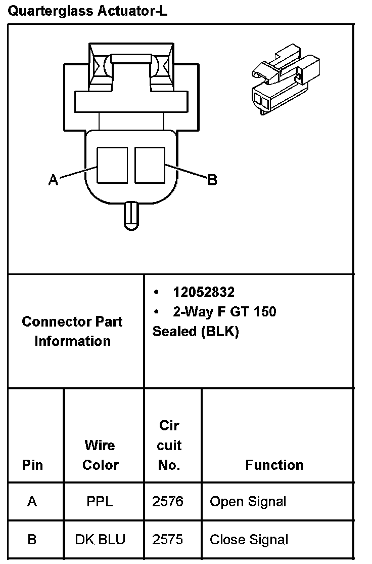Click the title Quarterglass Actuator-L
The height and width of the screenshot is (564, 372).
pos(87,11)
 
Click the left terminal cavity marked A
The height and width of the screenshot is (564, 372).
pos(112,165)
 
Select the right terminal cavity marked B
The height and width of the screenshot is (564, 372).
pos(151,165)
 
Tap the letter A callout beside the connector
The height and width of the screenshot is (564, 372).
pos(53,180)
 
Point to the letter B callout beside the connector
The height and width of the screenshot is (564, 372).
pos(212,180)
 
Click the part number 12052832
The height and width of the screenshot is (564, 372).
pos(204,292)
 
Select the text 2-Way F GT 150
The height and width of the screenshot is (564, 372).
pos(224,311)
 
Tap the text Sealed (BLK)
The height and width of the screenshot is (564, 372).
pos(196,331)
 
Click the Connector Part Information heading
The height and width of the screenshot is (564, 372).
pos(72,331)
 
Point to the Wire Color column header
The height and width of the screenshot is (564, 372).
pos(100,455)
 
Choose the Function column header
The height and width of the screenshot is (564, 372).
pos(274,465)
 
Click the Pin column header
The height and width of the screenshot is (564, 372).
pos(32,465)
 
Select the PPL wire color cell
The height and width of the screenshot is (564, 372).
pos(100,501)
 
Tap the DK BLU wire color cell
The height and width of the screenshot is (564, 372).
pos(100,539)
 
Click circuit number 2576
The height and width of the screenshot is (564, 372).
pos(168,501)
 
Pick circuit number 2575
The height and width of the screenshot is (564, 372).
pos(168,539)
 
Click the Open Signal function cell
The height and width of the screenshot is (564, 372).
pos(248,501)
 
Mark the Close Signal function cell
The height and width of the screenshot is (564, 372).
pos(249,539)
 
